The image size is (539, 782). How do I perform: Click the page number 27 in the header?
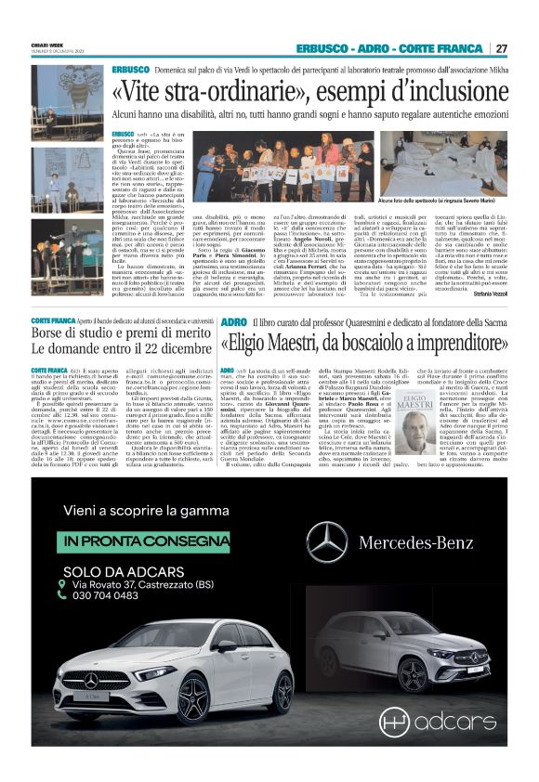pos(501,48)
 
